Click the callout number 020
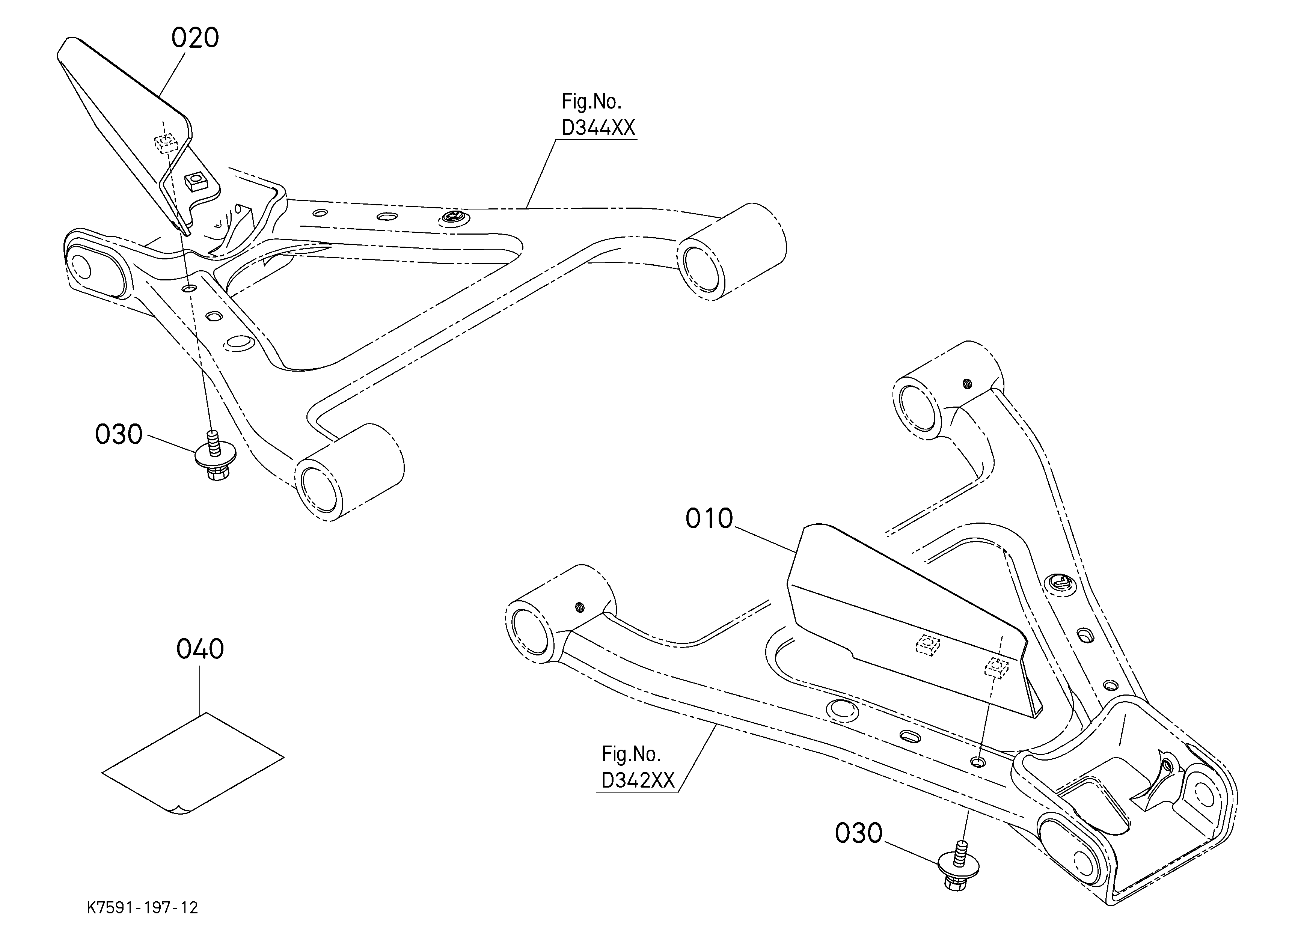(195, 38)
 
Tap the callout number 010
(709, 519)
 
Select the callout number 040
(200, 649)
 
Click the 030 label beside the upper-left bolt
(119, 434)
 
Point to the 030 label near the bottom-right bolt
(859, 833)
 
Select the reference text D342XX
(638, 780)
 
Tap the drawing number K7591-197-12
(142, 907)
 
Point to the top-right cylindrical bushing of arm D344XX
(732, 252)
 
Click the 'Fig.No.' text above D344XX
(591, 102)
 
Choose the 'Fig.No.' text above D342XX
(631, 755)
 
